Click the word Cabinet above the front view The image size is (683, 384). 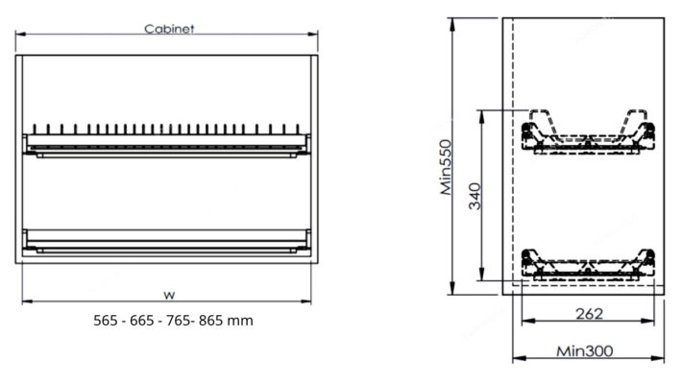[169, 29]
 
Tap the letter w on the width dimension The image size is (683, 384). [169, 295]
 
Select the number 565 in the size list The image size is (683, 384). [106, 321]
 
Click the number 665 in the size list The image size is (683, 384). [142, 321]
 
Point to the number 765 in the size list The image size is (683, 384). [178, 321]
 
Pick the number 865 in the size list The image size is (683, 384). [211, 321]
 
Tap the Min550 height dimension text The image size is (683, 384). [446, 167]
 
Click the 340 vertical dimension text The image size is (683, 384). [475, 197]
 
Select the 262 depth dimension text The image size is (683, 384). [590, 314]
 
